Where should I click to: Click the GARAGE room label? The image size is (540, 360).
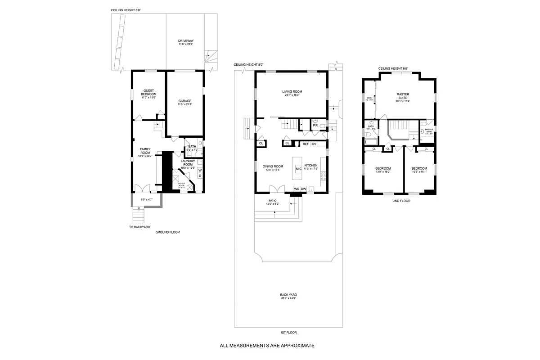tap(185, 101)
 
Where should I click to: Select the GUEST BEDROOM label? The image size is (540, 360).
tap(148, 92)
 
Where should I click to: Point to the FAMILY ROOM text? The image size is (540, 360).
tap(145, 151)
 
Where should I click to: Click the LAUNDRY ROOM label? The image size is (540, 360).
tap(187, 162)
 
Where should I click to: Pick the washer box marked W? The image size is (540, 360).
tap(200, 170)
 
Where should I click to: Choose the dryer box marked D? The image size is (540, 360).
tap(200, 176)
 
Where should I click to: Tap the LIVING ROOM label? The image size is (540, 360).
tap(292, 91)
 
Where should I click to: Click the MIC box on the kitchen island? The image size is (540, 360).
tap(298, 168)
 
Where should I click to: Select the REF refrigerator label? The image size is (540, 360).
tap(306, 144)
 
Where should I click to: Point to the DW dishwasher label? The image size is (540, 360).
tap(303, 189)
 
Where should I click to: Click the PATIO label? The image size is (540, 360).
tap(273, 200)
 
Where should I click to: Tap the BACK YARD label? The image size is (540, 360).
tap(288, 295)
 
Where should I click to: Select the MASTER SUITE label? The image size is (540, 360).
tap(403, 96)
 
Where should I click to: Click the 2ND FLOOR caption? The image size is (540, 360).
tap(401, 201)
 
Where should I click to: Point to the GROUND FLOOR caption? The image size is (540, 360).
tap(167, 232)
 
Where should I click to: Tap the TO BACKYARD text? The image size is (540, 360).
tap(139, 227)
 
